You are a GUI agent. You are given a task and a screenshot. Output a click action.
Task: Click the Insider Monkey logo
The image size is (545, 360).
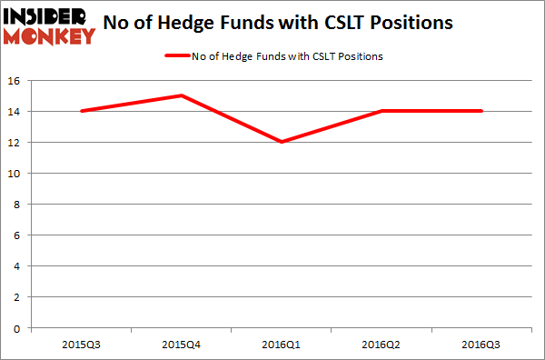click(x=49, y=25)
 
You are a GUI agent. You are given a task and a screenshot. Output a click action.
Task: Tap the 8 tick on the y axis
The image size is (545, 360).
click(x=19, y=205)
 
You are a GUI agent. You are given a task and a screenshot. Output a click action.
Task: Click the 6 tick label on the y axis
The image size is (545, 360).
click(x=19, y=235)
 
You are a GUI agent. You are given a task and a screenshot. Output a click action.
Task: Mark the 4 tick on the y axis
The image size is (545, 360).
click(x=19, y=266)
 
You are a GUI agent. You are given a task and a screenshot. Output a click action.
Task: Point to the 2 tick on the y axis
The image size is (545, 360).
click(x=19, y=297)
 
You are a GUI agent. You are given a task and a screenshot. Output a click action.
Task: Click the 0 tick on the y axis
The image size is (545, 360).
click(x=19, y=328)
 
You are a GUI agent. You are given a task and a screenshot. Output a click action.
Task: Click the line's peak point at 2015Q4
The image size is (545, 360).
click(x=182, y=95)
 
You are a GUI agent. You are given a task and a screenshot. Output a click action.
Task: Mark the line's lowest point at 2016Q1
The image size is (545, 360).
click(x=282, y=142)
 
